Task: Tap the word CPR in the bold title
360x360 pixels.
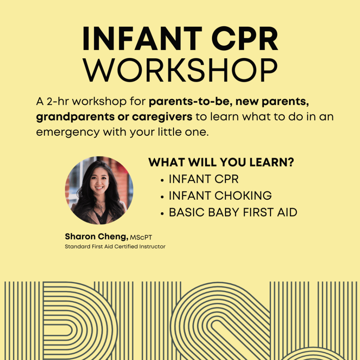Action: tap(245, 39)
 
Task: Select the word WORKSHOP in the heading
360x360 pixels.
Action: tap(180, 70)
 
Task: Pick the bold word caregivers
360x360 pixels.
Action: tap(162, 117)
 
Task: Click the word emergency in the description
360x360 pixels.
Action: tap(68, 133)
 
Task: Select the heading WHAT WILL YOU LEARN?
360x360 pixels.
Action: tap(221, 162)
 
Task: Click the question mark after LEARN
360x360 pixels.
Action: tap(291, 162)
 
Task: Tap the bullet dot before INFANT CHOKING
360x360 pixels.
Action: tap(162, 197)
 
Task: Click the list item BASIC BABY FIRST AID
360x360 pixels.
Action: tap(233, 212)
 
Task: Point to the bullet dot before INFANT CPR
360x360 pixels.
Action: tap(162, 180)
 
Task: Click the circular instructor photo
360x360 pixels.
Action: tap(99, 190)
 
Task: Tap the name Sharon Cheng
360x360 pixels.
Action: tap(96, 237)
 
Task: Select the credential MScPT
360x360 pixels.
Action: tap(141, 237)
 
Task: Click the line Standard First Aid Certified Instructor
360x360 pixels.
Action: tap(115, 246)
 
